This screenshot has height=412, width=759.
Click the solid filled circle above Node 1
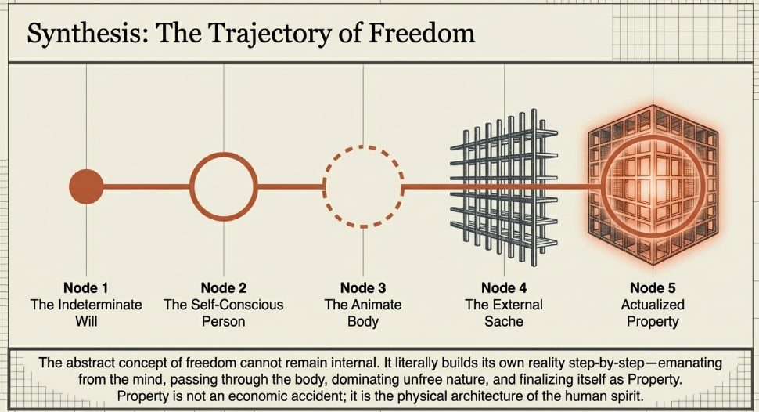(86, 186)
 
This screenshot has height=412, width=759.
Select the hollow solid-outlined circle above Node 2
(224, 186)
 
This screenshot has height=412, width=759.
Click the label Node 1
(86, 287)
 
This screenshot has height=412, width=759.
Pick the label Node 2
(224, 287)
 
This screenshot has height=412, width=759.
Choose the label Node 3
(363, 287)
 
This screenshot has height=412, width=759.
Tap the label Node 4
(504, 287)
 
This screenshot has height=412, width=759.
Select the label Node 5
(653, 287)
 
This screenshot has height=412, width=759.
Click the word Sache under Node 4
(504, 321)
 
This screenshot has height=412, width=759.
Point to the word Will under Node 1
(86, 321)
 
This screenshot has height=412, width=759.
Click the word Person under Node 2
(224, 321)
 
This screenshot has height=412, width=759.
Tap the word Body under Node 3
(363, 321)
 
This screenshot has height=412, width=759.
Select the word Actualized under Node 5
(653, 305)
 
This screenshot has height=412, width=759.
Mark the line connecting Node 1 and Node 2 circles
(147, 186)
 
